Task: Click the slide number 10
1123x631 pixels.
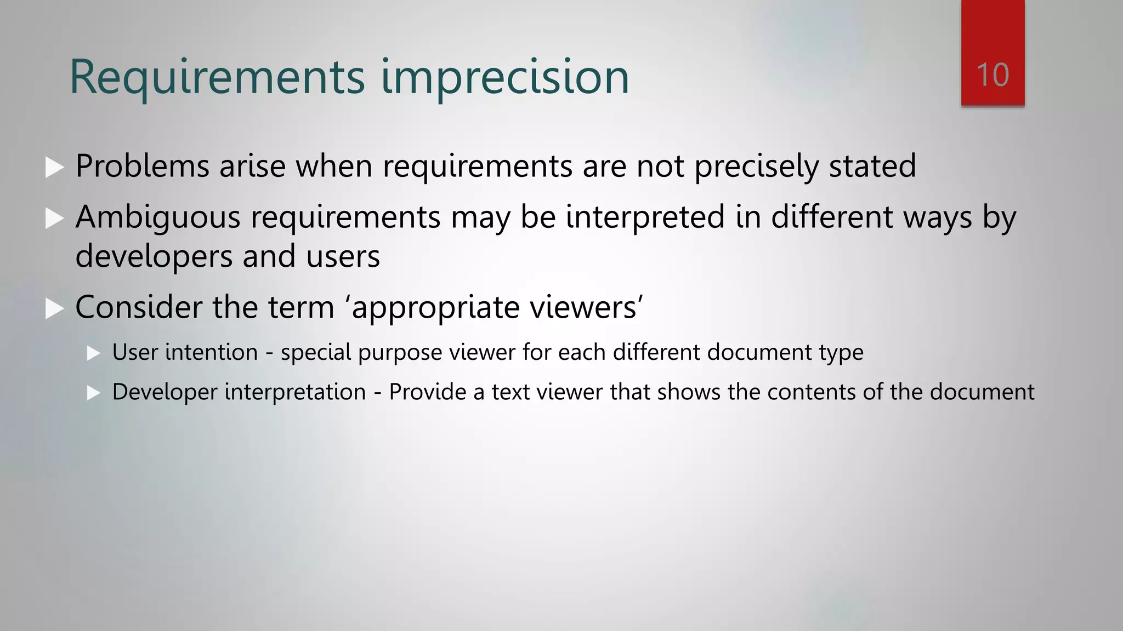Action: (x=992, y=75)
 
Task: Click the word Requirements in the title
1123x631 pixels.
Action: (x=217, y=77)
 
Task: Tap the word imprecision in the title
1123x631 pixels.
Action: (x=504, y=77)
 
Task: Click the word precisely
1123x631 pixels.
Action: (x=756, y=167)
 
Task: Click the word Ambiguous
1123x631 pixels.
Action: (x=158, y=217)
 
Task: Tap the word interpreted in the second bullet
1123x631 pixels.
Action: (x=645, y=217)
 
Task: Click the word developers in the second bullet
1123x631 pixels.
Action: (x=154, y=256)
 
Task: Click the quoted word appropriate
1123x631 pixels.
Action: (x=435, y=308)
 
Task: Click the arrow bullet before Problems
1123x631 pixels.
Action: (x=54, y=167)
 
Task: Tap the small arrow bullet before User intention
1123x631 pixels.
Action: (x=93, y=353)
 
